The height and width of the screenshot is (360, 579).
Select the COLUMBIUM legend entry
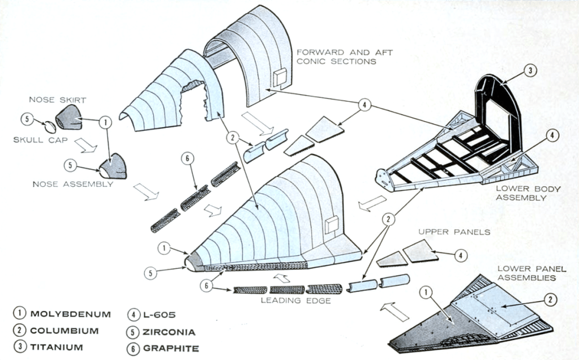(64, 331)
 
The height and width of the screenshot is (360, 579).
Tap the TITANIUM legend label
(57, 347)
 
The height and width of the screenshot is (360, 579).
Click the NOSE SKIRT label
(50, 100)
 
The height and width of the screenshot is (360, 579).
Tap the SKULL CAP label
(36, 139)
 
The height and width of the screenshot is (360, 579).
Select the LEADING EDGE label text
(295, 301)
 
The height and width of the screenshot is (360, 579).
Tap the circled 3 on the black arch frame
(530, 71)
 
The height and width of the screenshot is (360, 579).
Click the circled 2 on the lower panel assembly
(551, 300)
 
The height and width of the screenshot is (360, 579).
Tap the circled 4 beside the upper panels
(462, 255)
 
